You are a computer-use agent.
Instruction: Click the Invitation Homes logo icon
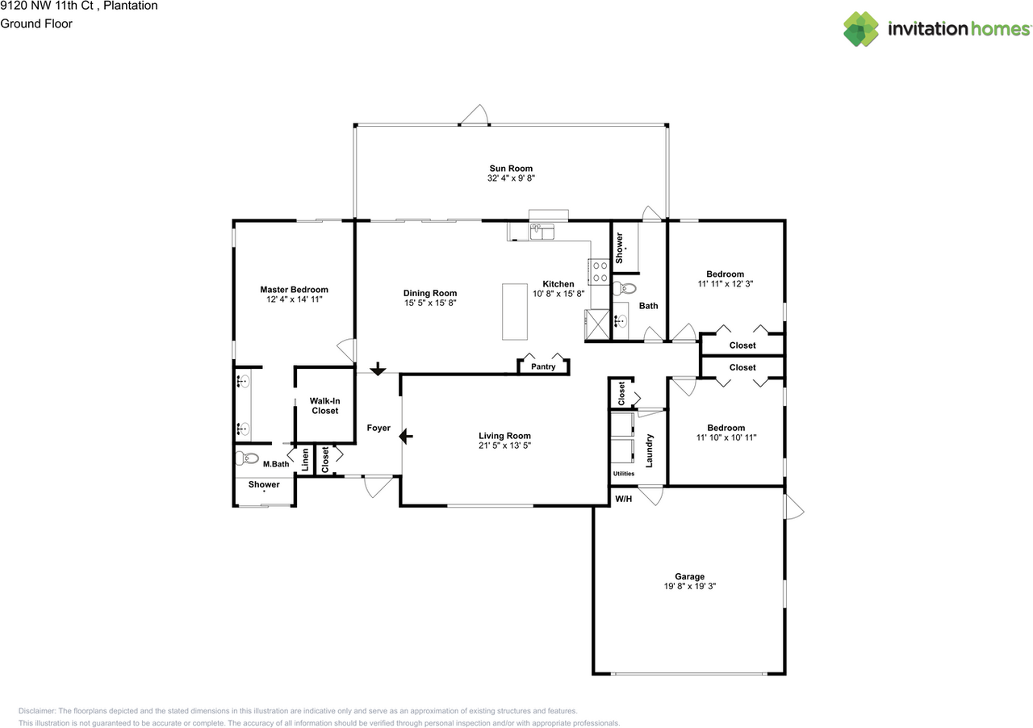point(861,29)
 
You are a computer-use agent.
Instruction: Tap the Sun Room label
point(509,169)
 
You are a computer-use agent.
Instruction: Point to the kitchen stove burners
point(599,272)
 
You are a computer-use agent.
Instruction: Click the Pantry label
point(543,367)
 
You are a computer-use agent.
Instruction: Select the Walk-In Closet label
point(324,406)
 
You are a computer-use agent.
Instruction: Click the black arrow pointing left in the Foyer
point(406,437)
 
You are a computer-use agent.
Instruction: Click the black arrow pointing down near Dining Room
point(377,369)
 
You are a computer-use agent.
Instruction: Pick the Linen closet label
point(306,461)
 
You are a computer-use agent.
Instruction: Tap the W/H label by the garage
point(623,499)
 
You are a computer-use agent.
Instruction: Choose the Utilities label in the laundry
point(624,474)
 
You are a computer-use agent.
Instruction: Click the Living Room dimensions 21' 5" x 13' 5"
point(504,446)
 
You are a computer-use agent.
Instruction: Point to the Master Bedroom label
point(294,290)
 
